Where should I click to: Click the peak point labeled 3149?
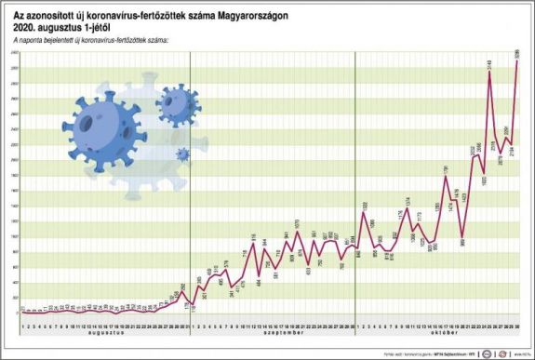point(489,71)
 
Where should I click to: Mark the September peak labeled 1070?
point(297,230)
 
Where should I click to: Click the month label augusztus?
point(103,332)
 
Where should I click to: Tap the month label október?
point(436,332)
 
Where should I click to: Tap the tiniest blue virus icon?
point(181,153)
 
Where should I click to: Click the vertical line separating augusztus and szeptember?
point(189,186)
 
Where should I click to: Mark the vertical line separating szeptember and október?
point(355,186)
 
